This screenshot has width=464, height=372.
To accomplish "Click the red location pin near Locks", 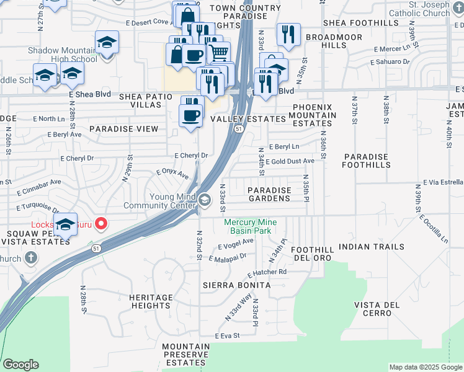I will point(99,224).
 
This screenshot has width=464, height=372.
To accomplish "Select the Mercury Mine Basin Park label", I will point(250,226).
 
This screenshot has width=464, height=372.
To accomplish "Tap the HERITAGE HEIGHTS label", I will point(151,302).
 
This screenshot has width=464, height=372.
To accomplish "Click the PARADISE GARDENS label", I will point(269,194).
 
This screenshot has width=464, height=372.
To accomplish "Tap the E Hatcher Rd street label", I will point(267,272).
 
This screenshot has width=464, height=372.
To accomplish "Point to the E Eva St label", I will point(227,335).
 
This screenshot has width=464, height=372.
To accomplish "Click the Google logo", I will point(20,365).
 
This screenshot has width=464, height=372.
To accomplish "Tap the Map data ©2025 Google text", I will point(426,367).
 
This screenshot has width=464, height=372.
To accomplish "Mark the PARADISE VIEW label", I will point(123,129).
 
